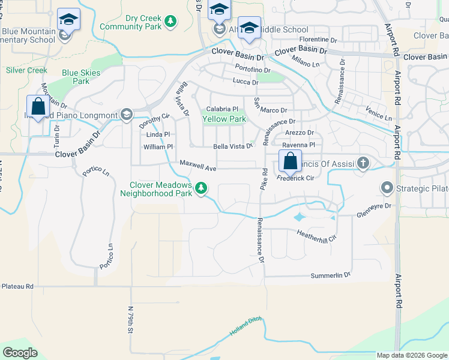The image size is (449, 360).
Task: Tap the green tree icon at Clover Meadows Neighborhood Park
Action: pyautogui.click(x=201, y=189)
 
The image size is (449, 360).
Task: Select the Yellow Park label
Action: pyautogui.click(x=224, y=119)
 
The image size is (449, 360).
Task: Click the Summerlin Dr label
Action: pyautogui.click(x=330, y=275)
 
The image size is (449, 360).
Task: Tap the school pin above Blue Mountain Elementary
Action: pyautogui.click(x=69, y=20)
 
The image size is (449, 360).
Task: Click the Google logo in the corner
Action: pyautogui.click(x=20, y=353)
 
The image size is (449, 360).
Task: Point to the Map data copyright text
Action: pyautogui.click(x=412, y=355)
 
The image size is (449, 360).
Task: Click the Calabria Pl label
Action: pyautogui.click(x=222, y=109)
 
